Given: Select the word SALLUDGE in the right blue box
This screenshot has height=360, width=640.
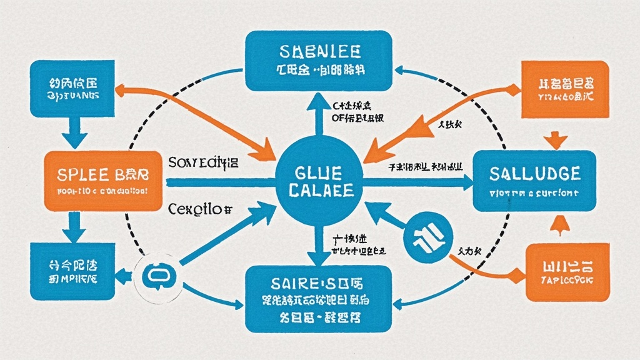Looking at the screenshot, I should [x=536, y=173].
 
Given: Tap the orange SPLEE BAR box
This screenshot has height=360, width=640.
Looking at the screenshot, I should [x=102, y=181].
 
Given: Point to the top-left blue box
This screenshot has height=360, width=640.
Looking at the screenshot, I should [x=74, y=87].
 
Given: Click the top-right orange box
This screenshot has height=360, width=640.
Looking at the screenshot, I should [x=564, y=89].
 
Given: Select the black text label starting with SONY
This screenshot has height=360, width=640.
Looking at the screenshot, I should [x=204, y=164].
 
